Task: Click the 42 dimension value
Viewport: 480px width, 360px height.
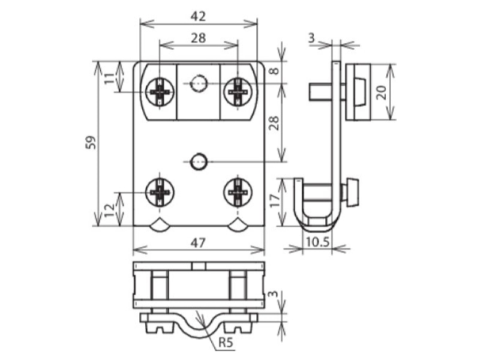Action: [198, 17]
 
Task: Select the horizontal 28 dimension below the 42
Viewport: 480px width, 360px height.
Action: [199, 38]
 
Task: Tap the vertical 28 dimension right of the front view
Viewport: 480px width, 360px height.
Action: [275, 123]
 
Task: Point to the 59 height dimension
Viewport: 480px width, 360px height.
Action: [91, 142]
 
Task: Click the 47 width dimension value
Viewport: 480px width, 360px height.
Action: [198, 243]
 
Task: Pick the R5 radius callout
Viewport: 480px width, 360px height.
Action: [226, 343]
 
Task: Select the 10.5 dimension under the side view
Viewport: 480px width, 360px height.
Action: [318, 242]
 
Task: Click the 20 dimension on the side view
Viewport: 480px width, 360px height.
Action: [382, 92]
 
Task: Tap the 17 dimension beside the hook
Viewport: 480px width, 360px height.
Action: [275, 200]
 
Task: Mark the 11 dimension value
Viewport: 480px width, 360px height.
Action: [110, 78]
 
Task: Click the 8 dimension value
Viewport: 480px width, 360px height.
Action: [275, 71]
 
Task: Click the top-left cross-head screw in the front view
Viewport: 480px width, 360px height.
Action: [160, 92]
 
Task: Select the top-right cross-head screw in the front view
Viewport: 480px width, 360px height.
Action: [238, 92]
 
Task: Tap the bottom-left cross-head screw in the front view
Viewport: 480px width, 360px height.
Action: [160, 193]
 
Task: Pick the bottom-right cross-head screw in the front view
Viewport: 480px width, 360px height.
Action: [238, 193]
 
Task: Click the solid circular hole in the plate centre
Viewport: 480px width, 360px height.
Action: [199, 161]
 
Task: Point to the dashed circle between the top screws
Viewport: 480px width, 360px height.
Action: [199, 83]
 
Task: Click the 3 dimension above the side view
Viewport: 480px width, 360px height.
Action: [311, 38]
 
